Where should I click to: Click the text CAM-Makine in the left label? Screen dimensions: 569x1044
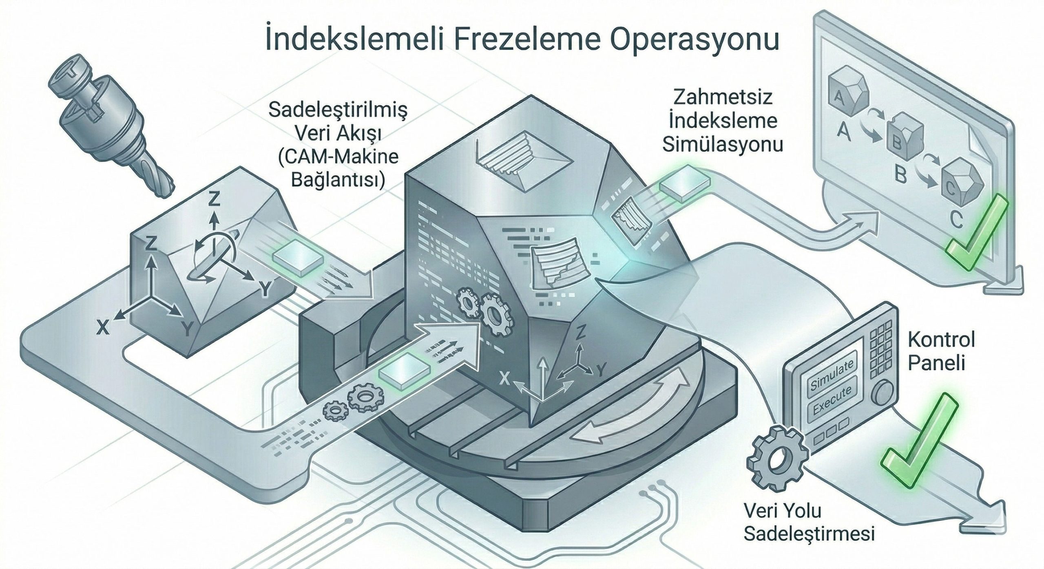pos(338,157)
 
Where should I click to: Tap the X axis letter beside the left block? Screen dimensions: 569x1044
pos(104,326)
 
